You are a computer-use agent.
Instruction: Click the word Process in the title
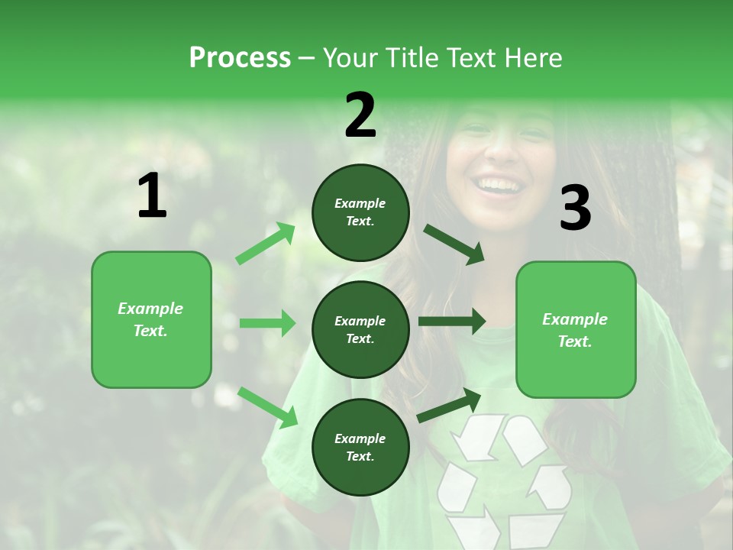pyautogui.click(x=240, y=57)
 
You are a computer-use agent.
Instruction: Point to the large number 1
pyautogui.click(x=152, y=196)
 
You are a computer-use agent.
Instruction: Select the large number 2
pyautogui.click(x=360, y=115)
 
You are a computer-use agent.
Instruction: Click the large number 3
pyautogui.click(x=575, y=208)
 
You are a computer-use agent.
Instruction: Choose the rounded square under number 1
pyautogui.click(x=151, y=319)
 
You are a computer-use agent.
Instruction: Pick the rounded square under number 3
pyautogui.click(x=576, y=329)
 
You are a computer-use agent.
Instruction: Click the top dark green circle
pyautogui.click(x=360, y=212)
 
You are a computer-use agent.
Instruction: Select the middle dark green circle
pyautogui.click(x=360, y=329)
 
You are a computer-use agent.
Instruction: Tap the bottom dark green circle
pyautogui.click(x=360, y=447)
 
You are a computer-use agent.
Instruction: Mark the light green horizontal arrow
pyautogui.click(x=267, y=323)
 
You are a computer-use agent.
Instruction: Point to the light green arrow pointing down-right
pyautogui.click(x=268, y=406)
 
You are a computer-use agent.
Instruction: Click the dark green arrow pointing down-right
pyautogui.click(x=454, y=244)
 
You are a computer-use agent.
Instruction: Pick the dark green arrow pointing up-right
pyautogui.click(x=450, y=405)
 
